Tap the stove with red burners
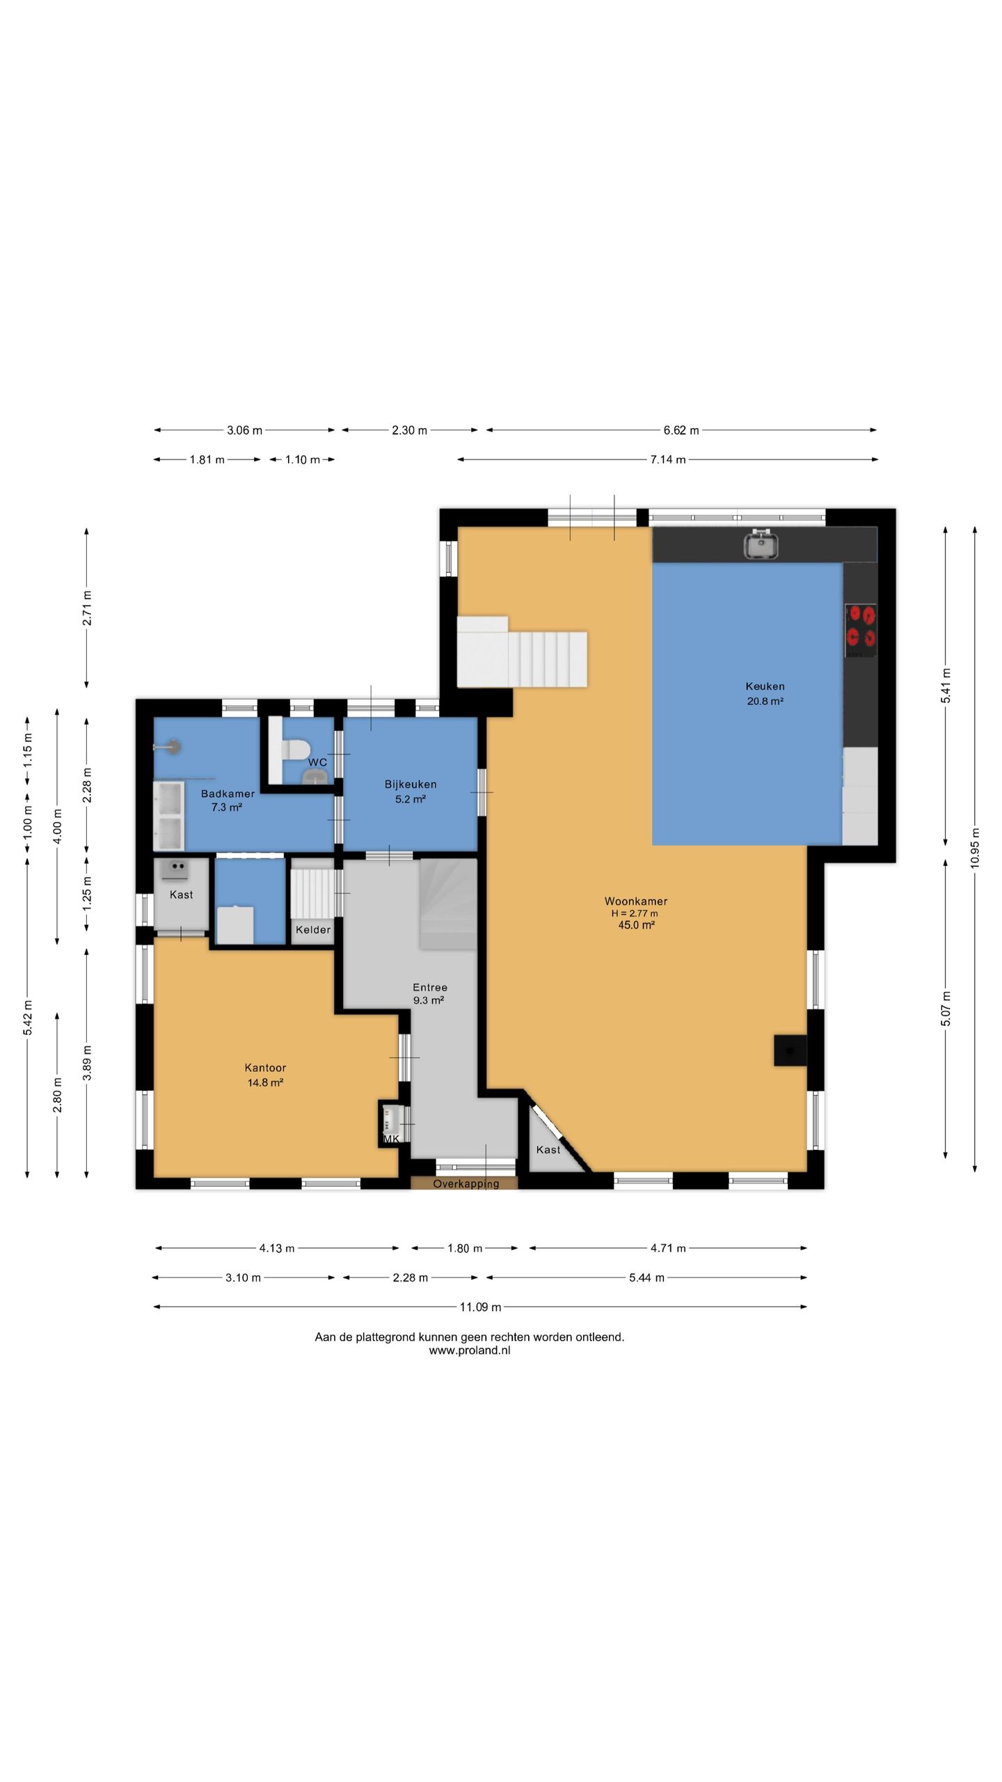(861, 631)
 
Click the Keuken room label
(765, 686)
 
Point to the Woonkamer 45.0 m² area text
(636, 925)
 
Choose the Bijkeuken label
(411, 784)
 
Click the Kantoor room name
(265, 1068)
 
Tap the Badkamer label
(228, 794)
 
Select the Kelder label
(313, 930)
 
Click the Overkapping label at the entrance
(466, 1184)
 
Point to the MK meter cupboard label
(391, 1140)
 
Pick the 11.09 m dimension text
(480, 1307)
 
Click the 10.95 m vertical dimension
(975, 847)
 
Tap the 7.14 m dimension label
(668, 459)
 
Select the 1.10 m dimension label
(303, 459)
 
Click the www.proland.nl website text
(470, 1350)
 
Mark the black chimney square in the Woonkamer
(790, 1050)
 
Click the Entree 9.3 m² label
(429, 994)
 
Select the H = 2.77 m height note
(635, 913)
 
